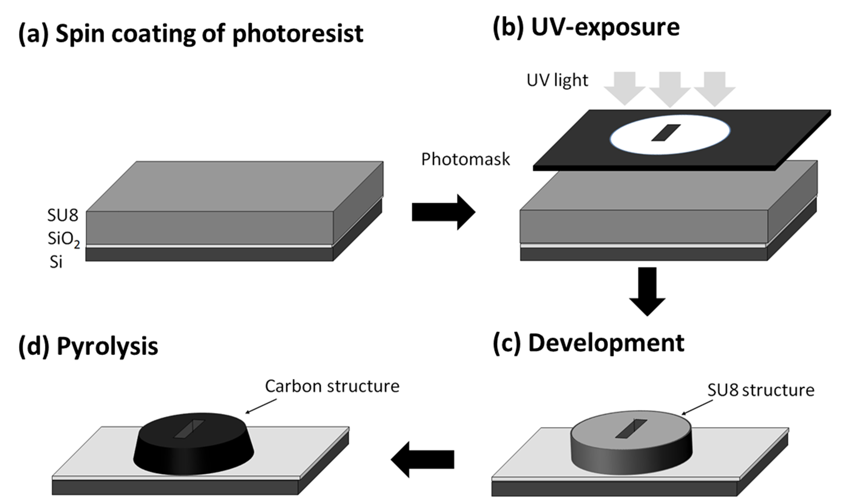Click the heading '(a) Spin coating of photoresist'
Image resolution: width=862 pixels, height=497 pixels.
[x=190, y=34]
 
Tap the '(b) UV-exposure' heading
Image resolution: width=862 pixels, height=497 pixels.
[x=586, y=28]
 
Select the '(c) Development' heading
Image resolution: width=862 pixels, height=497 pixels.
[x=588, y=343]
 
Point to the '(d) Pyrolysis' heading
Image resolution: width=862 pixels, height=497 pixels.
[x=88, y=346]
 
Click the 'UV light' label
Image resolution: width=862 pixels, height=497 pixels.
[x=557, y=80]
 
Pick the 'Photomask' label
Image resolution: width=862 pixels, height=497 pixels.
[x=465, y=159]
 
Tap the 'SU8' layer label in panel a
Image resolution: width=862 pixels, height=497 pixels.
[x=62, y=215]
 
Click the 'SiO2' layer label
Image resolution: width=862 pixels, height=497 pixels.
[x=63, y=239]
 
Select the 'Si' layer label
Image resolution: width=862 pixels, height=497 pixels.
[x=56, y=262]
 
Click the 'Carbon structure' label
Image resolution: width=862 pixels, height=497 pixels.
[x=332, y=386]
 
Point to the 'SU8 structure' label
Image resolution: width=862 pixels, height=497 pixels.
[x=761, y=390]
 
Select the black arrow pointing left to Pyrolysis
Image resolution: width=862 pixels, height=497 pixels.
[x=422, y=459]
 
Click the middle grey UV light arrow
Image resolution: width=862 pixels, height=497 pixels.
[x=669, y=89]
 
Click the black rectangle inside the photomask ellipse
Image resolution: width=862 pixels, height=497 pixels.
[x=665, y=133]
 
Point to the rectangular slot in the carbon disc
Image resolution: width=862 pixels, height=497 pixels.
[x=189, y=429]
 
